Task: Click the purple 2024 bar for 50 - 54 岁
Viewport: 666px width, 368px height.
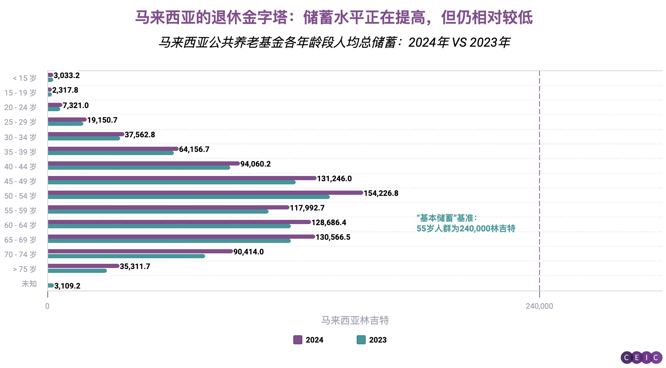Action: pyautogui.click(x=206, y=193)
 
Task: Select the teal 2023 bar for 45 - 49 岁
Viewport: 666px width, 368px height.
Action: pyautogui.click(x=171, y=182)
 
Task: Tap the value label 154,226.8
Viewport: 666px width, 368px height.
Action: pyautogui.click(x=381, y=193)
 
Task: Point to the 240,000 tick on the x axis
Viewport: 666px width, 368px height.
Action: pyautogui.click(x=539, y=306)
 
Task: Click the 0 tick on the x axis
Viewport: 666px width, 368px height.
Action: pyautogui.click(x=47, y=306)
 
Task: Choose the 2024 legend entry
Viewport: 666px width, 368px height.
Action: pyautogui.click(x=308, y=340)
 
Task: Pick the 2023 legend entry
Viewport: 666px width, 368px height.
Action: pyautogui.click(x=372, y=340)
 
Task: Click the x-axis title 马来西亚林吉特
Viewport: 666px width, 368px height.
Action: pyautogui.click(x=355, y=320)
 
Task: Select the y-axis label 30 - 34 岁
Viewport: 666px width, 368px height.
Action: pyautogui.click(x=20, y=137)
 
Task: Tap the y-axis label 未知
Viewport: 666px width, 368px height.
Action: pyautogui.click(x=29, y=284)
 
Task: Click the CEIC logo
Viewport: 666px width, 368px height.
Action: pyautogui.click(x=641, y=357)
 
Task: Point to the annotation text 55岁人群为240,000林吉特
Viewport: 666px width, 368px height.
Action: pyautogui.click(x=466, y=229)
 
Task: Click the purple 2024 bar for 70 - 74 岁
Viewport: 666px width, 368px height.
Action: pyautogui.click(x=140, y=251)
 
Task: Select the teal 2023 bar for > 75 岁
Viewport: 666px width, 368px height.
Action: pyautogui.click(x=77, y=271)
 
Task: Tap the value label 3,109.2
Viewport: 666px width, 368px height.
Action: pyautogui.click(x=67, y=286)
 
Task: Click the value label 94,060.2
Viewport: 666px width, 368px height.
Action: pyautogui.click(x=255, y=164)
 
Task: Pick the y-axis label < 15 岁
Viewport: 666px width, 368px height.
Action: pyautogui.click(x=24, y=78)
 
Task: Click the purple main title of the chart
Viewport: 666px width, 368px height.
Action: pyautogui.click(x=333, y=17)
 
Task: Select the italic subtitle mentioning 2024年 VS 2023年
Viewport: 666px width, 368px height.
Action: pyautogui.click(x=334, y=43)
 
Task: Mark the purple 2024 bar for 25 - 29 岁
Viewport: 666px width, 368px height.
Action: pyautogui.click(x=67, y=120)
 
